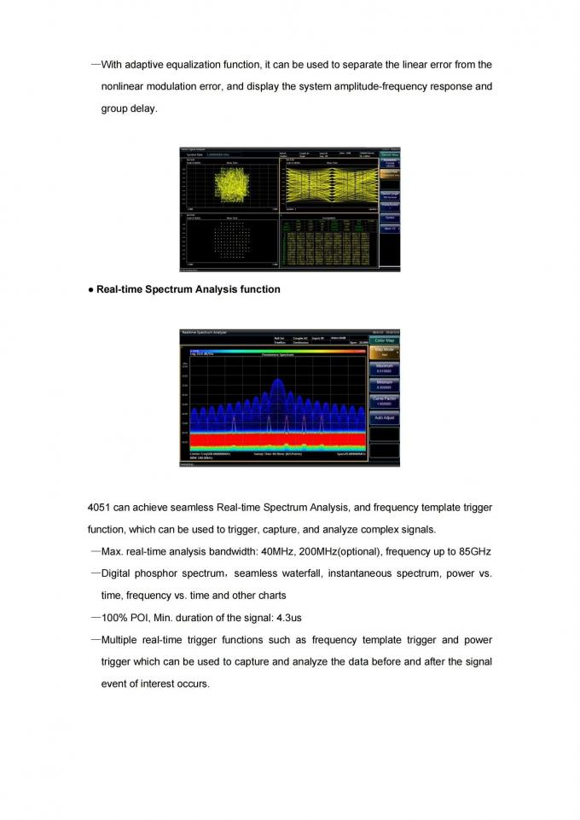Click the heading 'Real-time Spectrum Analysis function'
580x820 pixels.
[x=188, y=289]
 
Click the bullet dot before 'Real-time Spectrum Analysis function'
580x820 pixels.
[x=90, y=289]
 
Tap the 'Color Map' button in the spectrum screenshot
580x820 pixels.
[x=385, y=340]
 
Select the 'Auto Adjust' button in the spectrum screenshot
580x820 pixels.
[x=385, y=418]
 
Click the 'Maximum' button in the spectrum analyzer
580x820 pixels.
[x=385, y=369]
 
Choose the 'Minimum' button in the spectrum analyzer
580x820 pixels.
[x=385, y=384]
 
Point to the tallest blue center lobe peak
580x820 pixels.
[x=277, y=381]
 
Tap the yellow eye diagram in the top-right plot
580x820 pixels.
[x=329, y=184]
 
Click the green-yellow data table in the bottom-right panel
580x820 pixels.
[x=329, y=242]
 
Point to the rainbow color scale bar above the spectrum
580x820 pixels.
[x=273, y=349]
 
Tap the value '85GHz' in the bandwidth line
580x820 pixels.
[x=473, y=551]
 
